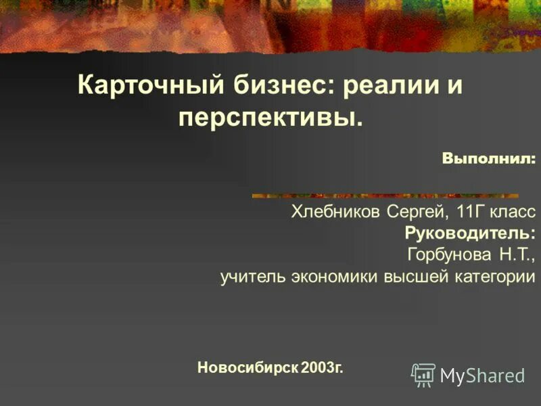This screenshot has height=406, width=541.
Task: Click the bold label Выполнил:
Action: tap(488, 158)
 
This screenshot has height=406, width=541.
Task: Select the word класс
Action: tap(512, 212)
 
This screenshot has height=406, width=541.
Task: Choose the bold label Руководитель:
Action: tap(470, 233)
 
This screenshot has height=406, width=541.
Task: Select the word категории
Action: tap(492, 277)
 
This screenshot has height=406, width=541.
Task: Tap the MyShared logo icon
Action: tap(423, 375)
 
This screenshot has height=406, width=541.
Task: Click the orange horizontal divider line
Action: tap(385, 196)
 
